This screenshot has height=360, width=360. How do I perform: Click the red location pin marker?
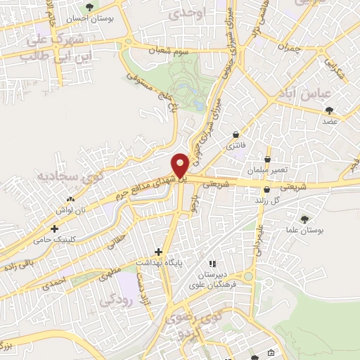[x=180, y=165]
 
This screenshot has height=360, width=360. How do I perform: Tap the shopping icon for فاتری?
[x=235, y=135]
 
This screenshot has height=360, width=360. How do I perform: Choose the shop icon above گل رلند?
[x=266, y=190]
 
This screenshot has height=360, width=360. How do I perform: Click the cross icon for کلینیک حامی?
[x=54, y=229]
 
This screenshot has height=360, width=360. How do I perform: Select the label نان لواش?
[x=70, y=210]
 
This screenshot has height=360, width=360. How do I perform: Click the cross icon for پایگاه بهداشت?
[x=159, y=251]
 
